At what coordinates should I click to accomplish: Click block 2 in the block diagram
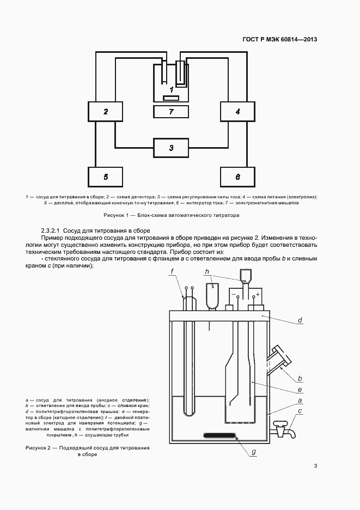(x=106, y=112)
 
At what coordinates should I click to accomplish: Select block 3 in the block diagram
(x=171, y=148)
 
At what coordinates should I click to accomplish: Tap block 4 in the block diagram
(x=237, y=112)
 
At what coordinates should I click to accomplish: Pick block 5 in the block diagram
(x=106, y=177)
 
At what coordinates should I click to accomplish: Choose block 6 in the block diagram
(x=237, y=177)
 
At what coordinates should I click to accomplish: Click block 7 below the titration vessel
(x=171, y=112)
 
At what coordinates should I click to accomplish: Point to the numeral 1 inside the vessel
(x=171, y=89)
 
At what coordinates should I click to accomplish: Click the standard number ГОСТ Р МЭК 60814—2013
(x=279, y=39)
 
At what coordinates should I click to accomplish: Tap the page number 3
(x=315, y=465)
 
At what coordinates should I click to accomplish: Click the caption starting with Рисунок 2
(x=87, y=451)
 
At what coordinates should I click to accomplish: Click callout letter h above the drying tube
(x=207, y=271)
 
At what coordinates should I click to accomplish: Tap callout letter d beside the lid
(x=300, y=321)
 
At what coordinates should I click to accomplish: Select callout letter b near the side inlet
(x=300, y=378)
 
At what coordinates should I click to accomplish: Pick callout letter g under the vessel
(x=253, y=451)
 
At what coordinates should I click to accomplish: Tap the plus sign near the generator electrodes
(x=258, y=294)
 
